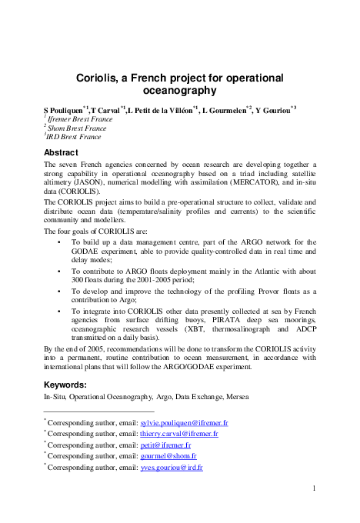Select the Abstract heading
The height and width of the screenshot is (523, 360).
(x=61, y=152)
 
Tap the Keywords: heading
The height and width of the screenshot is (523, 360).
(x=65, y=385)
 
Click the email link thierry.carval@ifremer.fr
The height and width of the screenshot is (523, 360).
(x=180, y=434)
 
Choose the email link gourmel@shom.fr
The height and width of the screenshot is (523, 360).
(x=168, y=455)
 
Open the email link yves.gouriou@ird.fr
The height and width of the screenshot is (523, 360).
(x=172, y=467)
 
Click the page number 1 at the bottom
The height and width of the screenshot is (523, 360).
(x=315, y=488)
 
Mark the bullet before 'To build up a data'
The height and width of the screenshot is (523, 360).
(x=61, y=242)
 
